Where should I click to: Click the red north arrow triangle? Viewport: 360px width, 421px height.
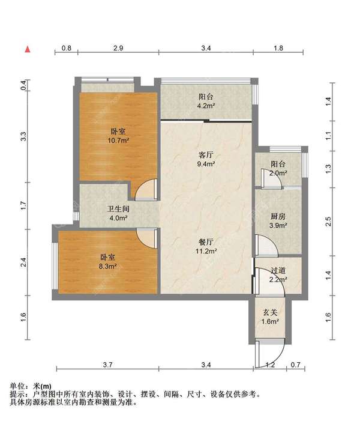point(28,49)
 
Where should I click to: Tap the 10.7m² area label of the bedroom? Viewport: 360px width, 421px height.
point(118,141)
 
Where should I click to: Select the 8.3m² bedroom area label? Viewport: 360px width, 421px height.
point(107,266)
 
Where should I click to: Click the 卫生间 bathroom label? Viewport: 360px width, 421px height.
point(118,208)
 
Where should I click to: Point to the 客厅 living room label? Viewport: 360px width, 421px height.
point(206,155)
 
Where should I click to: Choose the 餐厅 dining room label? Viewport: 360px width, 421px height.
point(206,242)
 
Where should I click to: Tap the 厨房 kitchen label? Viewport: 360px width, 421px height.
point(278,216)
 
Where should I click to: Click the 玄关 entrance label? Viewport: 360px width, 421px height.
point(270,312)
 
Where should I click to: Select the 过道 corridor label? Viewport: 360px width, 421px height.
point(278,271)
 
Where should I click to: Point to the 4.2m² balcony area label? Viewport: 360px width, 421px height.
point(206,106)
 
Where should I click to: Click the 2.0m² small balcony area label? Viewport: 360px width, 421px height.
point(278,173)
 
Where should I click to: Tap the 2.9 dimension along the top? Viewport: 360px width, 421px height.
point(118,48)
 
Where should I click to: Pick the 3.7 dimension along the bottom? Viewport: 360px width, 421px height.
point(107,365)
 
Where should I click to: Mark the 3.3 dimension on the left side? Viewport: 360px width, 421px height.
point(23,136)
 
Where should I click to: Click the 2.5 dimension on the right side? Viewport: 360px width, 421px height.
point(328,222)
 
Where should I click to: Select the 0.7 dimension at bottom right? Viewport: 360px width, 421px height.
point(295,365)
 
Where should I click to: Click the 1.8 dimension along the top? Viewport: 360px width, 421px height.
point(278,48)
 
